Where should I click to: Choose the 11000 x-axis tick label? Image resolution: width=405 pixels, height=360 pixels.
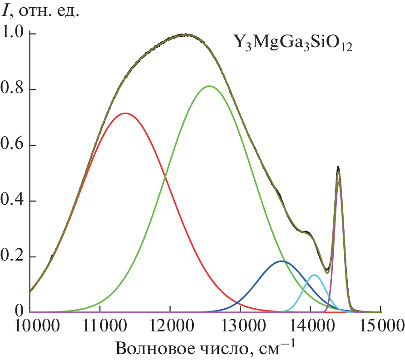100,325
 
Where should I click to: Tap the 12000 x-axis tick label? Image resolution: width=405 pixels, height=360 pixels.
170,325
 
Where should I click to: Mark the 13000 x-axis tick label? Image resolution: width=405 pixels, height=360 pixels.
240,325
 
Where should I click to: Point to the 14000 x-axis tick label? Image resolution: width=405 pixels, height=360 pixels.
311,325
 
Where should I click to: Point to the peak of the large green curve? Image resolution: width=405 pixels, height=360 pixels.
209,86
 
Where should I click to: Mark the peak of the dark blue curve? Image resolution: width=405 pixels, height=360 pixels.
281,261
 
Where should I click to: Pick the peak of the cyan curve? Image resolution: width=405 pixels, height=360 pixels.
313,275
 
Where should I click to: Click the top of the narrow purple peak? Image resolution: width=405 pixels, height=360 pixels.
339,181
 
